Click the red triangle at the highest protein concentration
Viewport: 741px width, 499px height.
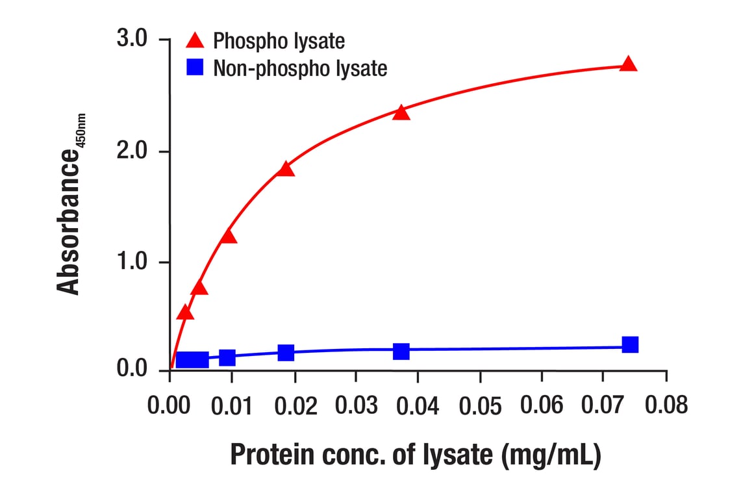coord(628,64)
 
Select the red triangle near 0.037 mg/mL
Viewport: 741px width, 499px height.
coord(401,112)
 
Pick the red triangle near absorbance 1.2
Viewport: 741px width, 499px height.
coord(228,236)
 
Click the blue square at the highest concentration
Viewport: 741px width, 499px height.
coord(629,344)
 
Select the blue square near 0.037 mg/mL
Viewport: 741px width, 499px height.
coord(401,351)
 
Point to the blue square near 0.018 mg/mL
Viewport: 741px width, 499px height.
coord(286,353)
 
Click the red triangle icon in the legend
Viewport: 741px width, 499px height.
coord(195,41)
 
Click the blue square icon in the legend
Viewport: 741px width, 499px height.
coord(195,66)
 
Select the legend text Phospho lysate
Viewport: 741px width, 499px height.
coord(279,42)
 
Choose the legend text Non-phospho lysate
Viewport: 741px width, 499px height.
coord(300,68)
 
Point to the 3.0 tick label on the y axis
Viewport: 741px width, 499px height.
coord(134,40)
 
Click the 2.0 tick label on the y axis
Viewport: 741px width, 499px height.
coord(134,151)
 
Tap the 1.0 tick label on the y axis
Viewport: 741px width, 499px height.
coord(134,262)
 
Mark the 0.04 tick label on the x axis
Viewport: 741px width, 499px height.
coord(417,405)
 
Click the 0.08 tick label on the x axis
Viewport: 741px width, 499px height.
coord(665,405)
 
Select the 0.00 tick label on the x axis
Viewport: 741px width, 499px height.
coord(170,405)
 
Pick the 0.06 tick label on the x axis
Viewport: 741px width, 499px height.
coord(542,405)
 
